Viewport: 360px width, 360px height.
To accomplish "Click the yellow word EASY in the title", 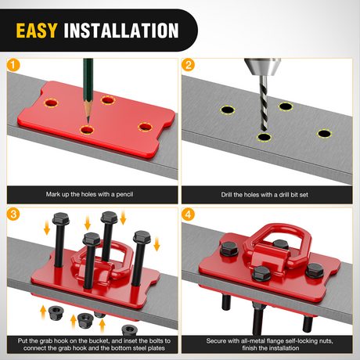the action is click(x=37, y=31).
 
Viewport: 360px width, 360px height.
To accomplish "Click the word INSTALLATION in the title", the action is click(x=121, y=31).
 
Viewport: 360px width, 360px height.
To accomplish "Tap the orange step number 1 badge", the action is click(x=13, y=65).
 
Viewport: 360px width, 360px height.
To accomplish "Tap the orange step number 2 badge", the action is click(x=188, y=65).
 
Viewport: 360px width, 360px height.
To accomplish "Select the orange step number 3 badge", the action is click(x=13, y=214).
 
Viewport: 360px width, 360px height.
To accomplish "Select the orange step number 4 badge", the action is click(x=188, y=214).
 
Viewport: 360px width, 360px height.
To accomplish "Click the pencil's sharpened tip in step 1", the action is click(x=88, y=122).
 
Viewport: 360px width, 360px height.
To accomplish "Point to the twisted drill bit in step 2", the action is click(x=264, y=103).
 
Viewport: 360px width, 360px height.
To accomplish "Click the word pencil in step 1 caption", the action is click(x=124, y=194).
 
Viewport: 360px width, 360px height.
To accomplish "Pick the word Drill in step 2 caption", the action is click(x=227, y=195).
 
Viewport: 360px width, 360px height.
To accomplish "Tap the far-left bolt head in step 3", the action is click(x=61, y=218).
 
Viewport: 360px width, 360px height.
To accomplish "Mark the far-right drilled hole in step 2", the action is click(x=325, y=134).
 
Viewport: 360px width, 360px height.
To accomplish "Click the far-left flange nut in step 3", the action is click(x=56, y=312).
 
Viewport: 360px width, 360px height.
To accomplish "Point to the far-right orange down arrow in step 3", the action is click(x=157, y=244).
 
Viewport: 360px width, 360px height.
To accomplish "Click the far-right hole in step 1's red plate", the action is click(x=145, y=127).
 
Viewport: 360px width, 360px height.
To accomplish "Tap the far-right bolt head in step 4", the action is click(x=315, y=271).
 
